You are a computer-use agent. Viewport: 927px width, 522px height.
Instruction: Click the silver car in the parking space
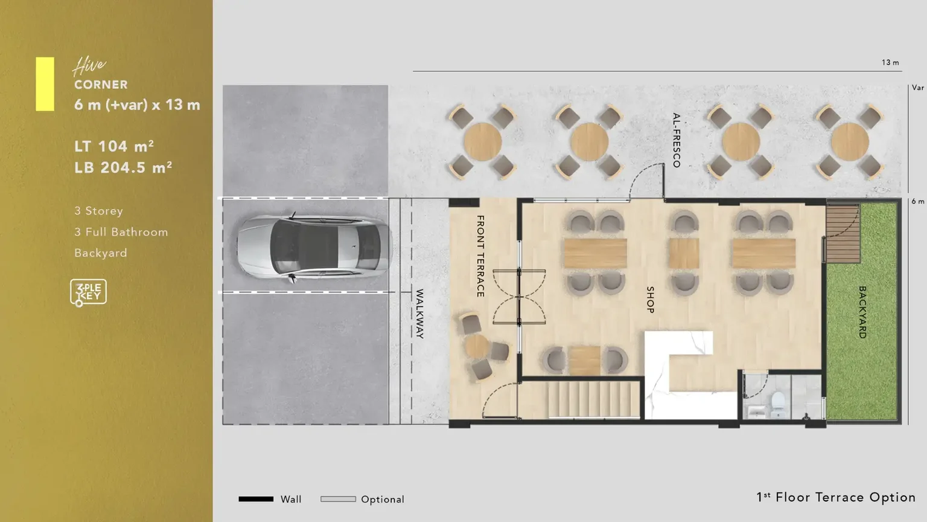pos(314,247)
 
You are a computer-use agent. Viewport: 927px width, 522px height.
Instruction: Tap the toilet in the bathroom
pos(778,405)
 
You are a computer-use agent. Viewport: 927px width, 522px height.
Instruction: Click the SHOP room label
pos(650,300)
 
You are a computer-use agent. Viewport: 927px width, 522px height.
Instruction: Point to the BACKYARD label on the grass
pos(862,312)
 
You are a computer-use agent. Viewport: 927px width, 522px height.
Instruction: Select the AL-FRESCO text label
pos(676,140)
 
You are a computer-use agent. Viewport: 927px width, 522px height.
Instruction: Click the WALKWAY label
pos(419,314)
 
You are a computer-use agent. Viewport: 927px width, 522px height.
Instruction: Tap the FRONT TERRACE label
pos(480,256)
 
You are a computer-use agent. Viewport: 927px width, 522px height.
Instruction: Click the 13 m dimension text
pos(890,63)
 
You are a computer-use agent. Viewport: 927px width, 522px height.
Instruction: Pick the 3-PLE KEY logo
pos(88,292)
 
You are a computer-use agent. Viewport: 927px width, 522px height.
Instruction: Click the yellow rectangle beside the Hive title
pos(45,84)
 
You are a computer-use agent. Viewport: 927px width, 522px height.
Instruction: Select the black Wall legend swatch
pos(256,499)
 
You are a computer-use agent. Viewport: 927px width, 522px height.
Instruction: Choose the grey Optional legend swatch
pos(338,499)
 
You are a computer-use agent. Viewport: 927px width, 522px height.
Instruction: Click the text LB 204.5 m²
pos(123,167)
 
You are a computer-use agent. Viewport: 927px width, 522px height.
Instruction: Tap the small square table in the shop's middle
pos(684,254)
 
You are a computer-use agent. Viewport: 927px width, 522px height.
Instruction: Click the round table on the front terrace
pos(477,346)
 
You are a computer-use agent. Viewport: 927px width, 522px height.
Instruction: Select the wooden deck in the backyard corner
pos(843,234)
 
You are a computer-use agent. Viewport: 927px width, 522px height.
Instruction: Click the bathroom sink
pos(756,412)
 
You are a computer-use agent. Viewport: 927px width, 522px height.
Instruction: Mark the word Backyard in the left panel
pos(101,253)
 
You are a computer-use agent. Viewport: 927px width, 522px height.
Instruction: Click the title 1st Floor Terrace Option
pos(836,497)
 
